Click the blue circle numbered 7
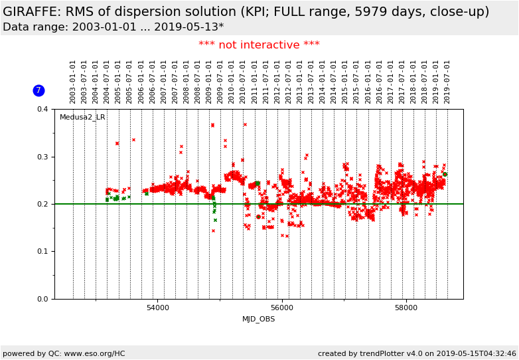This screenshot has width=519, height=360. point(38,90)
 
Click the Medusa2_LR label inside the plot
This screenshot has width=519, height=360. point(82,118)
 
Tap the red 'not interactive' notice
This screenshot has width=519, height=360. point(259,45)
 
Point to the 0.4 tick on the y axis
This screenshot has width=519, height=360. point(42,110)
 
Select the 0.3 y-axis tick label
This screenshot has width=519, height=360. point(42,157)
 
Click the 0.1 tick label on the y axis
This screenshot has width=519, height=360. point(42,252)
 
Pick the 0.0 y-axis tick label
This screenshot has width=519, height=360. point(42,299)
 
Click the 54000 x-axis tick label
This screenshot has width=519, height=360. point(158,308)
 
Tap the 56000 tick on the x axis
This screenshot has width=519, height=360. point(282,308)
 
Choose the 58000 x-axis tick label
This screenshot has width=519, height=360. point(406,308)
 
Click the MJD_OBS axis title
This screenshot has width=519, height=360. point(259,319)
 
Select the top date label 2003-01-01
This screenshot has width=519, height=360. point(73,82)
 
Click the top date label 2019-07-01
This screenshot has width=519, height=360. point(447,82)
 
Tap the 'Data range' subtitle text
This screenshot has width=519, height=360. point(113,27)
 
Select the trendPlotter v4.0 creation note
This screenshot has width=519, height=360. point(417,354)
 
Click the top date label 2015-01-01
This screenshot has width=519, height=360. point(345,82)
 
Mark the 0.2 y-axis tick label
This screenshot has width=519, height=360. point(42,205)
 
